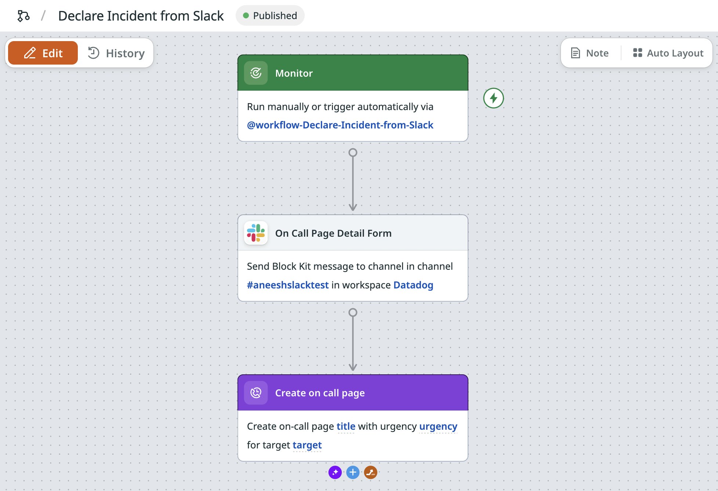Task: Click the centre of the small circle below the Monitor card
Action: (353, 152)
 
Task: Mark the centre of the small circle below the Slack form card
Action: (353, 312)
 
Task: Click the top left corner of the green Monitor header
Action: (238, 55)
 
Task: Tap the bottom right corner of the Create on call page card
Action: (468, 461)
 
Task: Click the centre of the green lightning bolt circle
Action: (493, 98)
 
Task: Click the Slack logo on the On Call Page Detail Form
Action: (256, 233)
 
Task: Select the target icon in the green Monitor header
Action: (256, 73)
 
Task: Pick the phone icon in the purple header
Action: (256, 393)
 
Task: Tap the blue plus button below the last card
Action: (353, 472)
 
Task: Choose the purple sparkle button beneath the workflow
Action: (335, 472)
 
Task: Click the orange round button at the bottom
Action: (371, 472)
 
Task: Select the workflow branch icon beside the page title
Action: (23, 16)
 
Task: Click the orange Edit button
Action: (43, 53)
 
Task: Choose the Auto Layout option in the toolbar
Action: (668, 53)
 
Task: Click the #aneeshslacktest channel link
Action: (288, 285)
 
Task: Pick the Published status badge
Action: (270, 16)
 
